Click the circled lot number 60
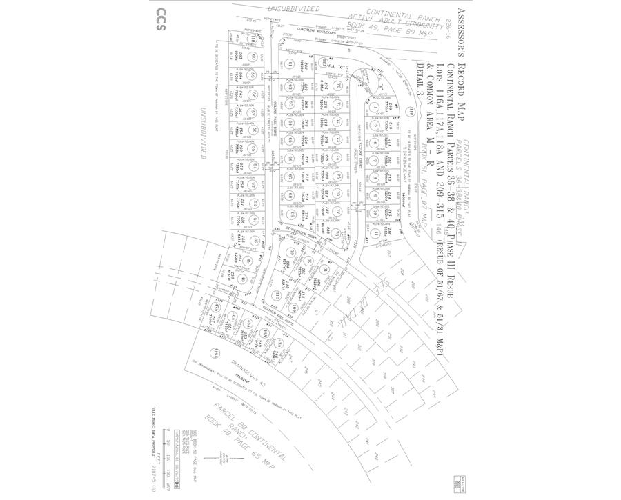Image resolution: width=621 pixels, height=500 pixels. click(253, 57)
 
